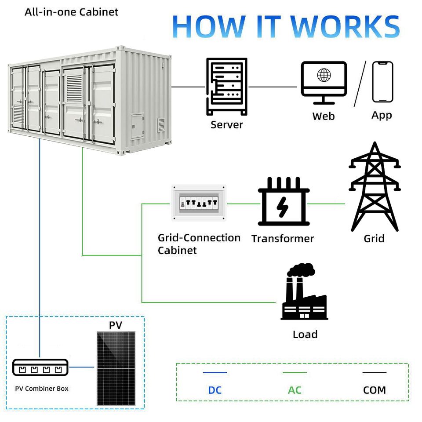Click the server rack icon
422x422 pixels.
[x=227, y=87]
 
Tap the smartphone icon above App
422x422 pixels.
[x=382, y=82]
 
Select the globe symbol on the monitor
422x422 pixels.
[x=324, y=75]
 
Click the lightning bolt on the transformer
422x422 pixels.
[x=282, y=207]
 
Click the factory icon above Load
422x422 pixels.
[x=304, y=291]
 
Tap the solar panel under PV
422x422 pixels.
[x=116, y=368]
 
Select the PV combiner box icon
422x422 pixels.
[x=40, y=367]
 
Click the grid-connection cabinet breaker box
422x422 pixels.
[x=199, y=203]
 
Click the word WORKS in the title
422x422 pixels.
[x=346, y=27]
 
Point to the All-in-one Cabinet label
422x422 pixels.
[x=71, y=12]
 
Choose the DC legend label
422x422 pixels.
[x=215, y=390]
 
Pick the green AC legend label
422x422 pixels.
[x=295, y=390]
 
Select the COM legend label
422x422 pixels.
[x=375, y=390]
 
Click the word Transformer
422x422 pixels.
[x=283, y=239]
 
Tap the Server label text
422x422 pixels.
[x=227, y=125]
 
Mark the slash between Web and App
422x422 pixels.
[x=360, y=84]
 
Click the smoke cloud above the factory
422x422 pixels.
[x=302, y=269]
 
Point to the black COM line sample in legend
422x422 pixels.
[x=375, y=372]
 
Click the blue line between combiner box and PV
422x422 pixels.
[x=82, y=367]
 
